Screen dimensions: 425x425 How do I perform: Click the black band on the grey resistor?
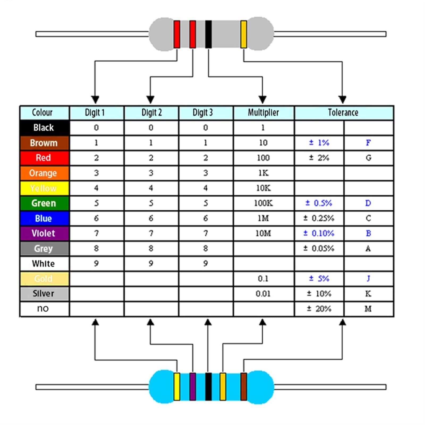[209, 34]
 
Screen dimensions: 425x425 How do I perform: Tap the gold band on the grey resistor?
[243, 34]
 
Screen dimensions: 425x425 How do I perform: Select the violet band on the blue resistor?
[193, 386]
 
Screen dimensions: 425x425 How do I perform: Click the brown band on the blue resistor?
[244, 386]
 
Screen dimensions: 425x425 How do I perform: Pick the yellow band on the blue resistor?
[177, 386]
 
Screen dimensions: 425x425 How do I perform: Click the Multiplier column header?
[263, 113]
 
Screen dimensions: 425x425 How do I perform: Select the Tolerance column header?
[343, 113]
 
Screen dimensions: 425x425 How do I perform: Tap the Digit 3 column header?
[203, 113]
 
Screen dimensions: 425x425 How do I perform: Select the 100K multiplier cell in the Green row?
[263, 203]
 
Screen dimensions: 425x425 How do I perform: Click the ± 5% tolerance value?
[319, 279]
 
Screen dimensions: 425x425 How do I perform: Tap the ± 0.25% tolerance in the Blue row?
[319, 218]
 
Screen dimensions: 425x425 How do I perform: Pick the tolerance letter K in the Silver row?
[368, 294]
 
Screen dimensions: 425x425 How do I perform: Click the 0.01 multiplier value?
[263, 294]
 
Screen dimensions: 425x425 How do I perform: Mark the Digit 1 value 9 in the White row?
[96, 263]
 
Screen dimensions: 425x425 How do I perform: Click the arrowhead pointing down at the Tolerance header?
[342, 100]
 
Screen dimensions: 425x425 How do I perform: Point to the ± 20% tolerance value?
[319, 309]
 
